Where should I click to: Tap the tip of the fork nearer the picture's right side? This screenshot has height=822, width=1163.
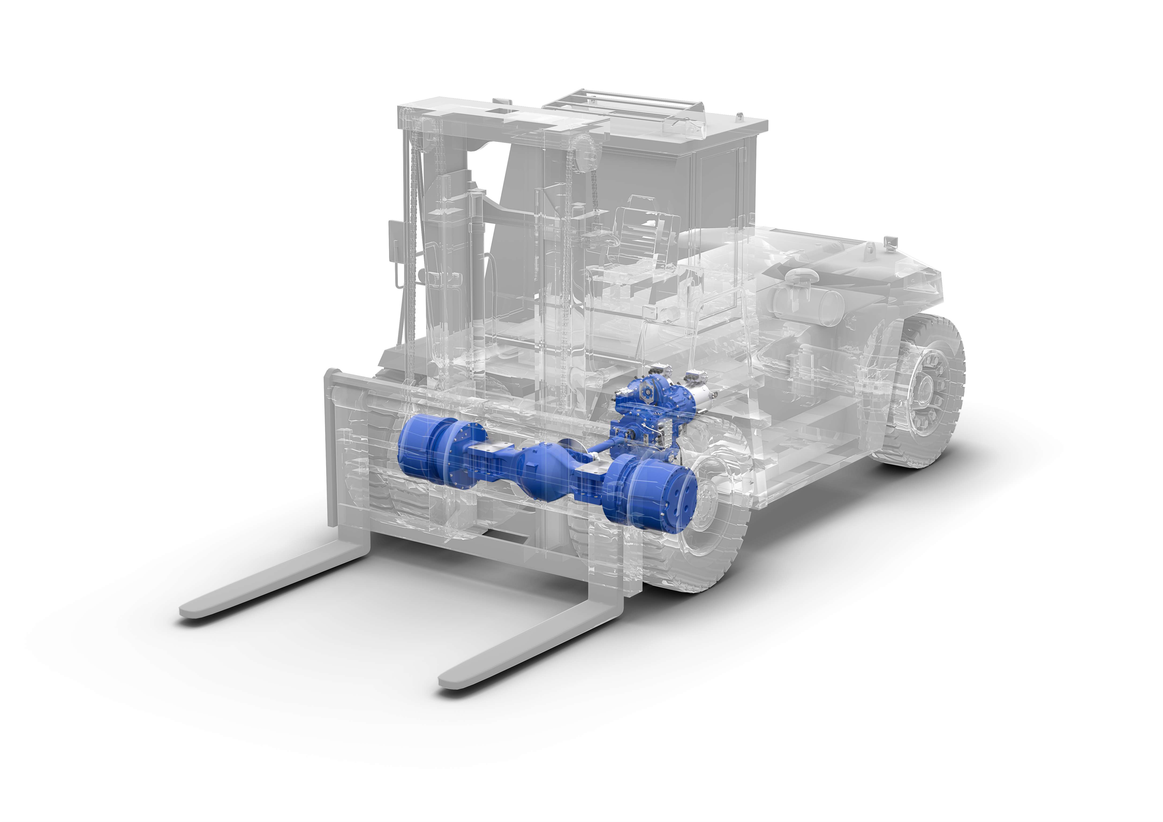[446, 681]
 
